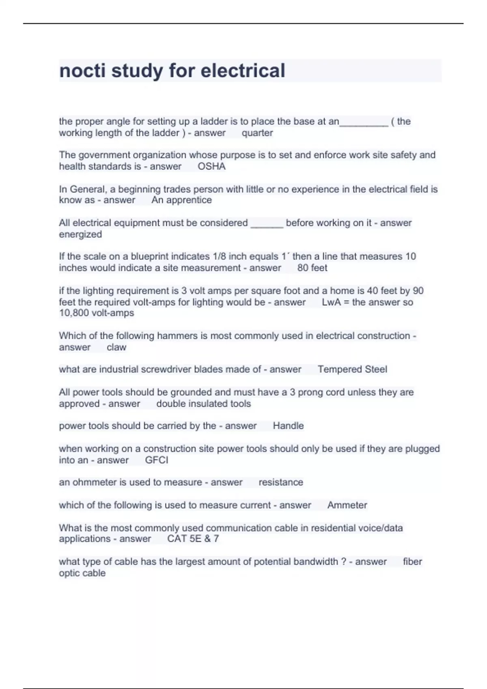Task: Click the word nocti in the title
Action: (82, 71)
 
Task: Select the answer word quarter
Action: (257, 133)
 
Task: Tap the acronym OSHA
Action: (211, 166)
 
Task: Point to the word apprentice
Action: (189, 200)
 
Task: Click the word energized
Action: (80, 234)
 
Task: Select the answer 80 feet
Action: (312, 268)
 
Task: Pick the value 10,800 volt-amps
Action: (97, 313)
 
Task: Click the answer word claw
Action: (116, 347)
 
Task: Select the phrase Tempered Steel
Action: (352, 369)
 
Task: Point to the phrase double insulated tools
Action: (203, 404)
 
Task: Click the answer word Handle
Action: (288, 426)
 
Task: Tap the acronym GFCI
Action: (156, 460)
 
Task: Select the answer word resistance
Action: (281, 482)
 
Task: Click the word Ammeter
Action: (347, 505)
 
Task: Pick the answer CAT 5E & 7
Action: (193, 539)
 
